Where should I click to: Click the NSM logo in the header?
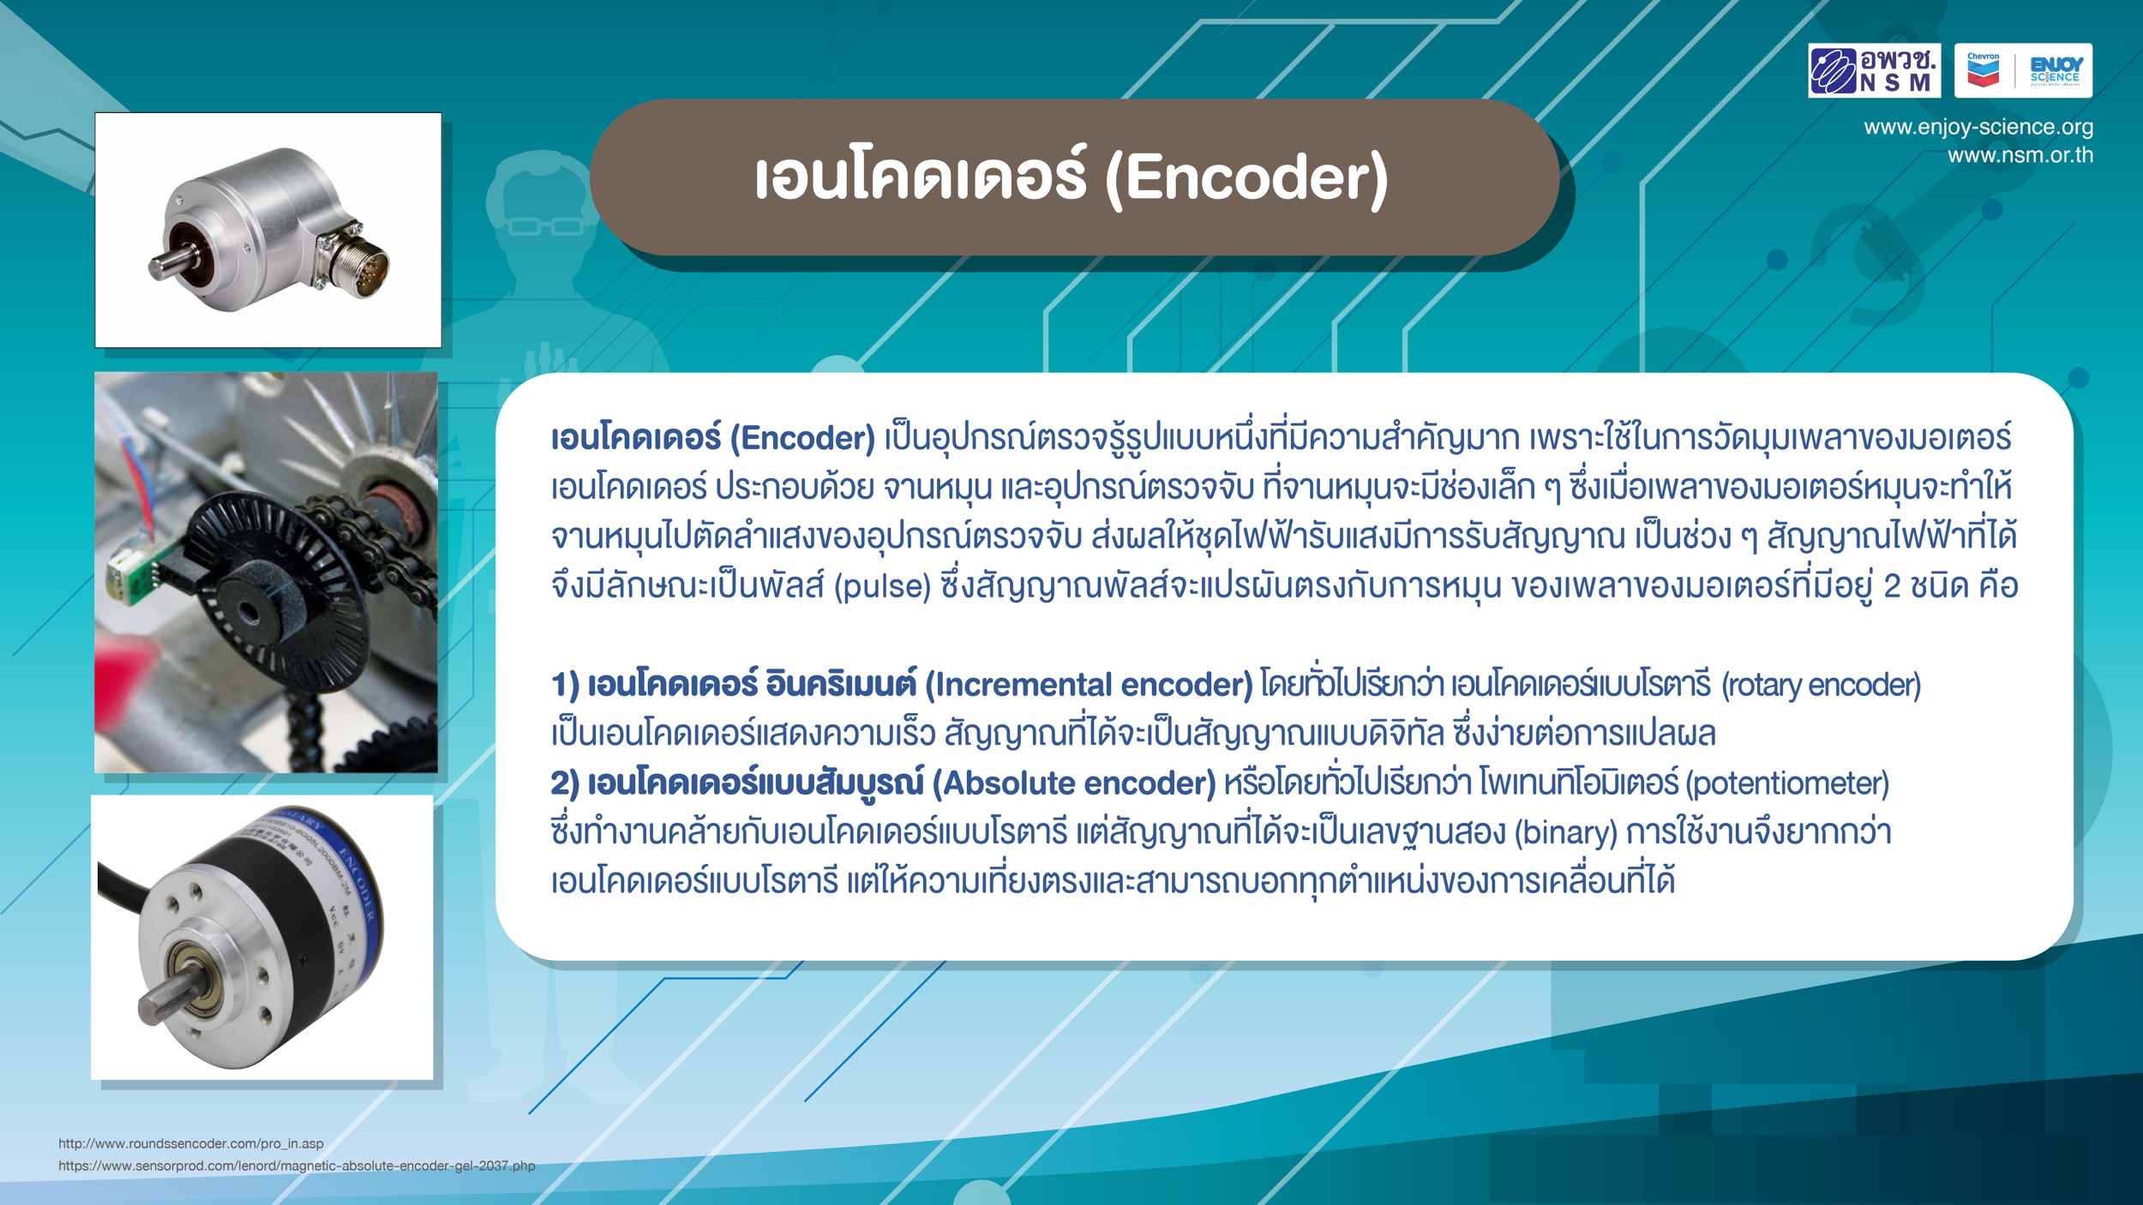pyautogui.click(x=1874, y=70)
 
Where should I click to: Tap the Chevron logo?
pyautogui.click(x=1983, y=70)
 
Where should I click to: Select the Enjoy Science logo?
pyautogui.click(x=2056, y=70)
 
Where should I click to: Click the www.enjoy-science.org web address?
pyautogui.click(x=1978, y=127)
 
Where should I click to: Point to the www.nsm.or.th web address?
pyautogui.click(x=2020, y=155)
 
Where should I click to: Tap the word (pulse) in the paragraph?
pyautogui.click(x=882, y=587)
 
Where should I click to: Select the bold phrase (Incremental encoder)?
pyautogui.click(x=1090, y=685)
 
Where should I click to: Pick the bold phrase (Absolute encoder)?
pyautogui.click(x=1074, y=783)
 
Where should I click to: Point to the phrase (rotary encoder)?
pyautogui.click(x=1822, y=685)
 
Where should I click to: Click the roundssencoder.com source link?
pyautogui.click(x=191, y=1143)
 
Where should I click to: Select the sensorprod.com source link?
pyautogui.click(x=297, y=1166)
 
